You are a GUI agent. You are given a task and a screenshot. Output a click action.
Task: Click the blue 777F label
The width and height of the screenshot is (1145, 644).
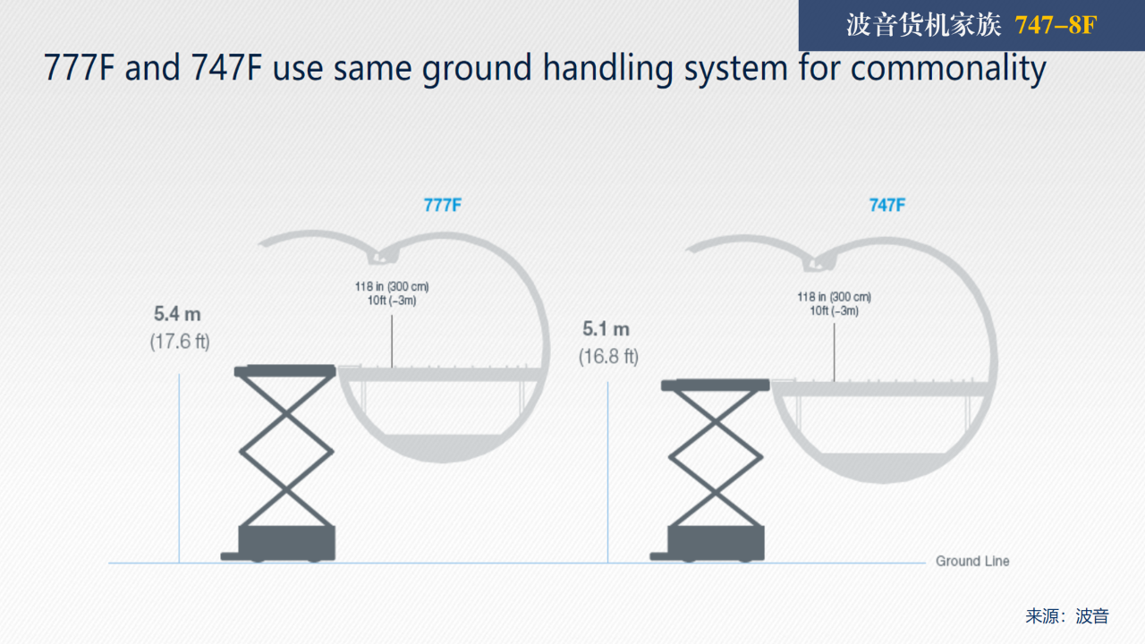(443, 206)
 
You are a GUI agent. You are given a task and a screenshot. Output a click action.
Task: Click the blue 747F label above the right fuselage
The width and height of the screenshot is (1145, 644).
(887, 206)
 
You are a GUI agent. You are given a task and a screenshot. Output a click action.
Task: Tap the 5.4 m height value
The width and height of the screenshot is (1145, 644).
(177, 314)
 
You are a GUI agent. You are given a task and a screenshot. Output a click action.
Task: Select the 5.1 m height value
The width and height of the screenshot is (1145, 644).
(606, 329)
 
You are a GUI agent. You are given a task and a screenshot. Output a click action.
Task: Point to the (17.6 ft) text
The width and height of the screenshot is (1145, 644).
(180, 342)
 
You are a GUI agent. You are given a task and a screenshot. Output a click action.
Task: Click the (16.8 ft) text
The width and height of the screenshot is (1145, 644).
(609, 357)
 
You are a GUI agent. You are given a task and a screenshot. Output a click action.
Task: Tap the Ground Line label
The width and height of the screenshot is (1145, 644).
(972, 561)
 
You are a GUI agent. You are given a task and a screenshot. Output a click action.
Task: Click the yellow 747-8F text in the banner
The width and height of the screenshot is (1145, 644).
(1056, 25)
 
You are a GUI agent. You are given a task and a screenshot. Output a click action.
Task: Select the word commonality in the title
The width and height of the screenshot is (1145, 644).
(949, 69)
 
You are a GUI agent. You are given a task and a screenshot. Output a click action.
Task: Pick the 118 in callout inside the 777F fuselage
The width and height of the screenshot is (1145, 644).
(392, 293)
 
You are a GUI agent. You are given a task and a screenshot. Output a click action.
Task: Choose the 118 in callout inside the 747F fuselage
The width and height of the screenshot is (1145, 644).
(835, 303)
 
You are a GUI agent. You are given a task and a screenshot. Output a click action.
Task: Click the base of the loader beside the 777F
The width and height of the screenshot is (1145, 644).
(279, 544)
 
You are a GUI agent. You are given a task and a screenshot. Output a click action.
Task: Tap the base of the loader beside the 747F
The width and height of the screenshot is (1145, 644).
(708, 544)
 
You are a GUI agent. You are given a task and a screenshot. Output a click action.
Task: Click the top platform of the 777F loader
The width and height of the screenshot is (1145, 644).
(284, 370)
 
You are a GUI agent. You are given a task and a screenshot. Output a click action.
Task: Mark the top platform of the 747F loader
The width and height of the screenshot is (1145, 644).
(715, 385)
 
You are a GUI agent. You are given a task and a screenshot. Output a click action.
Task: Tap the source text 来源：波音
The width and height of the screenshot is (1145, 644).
(1067, 616)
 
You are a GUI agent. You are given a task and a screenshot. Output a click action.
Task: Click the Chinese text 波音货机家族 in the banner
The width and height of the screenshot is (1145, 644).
(923, 25)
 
